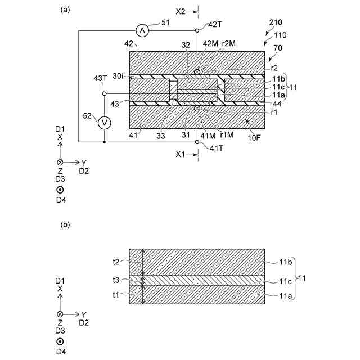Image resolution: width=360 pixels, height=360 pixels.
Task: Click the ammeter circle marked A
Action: coord(143,31)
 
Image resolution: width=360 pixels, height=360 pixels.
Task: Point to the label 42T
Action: coord(215,25)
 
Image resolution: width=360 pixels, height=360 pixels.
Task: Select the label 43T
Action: coord(100,78)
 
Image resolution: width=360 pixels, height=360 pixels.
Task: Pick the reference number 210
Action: coord(276,23)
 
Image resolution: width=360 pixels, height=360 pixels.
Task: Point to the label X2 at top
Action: coord(181,11)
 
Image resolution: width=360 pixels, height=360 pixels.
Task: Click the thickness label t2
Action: coord(116,262)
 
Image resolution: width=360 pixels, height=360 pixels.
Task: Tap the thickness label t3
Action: coord(116,279)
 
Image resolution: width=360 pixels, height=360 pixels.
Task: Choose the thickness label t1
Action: coord(116,294)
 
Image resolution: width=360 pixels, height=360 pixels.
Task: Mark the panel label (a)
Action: coord(65,10)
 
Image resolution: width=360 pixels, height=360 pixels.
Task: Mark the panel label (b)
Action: coord(65,225)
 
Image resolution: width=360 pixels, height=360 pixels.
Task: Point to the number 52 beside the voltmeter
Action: coord(87,115)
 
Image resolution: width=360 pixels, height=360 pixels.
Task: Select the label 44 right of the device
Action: coord(276,103)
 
